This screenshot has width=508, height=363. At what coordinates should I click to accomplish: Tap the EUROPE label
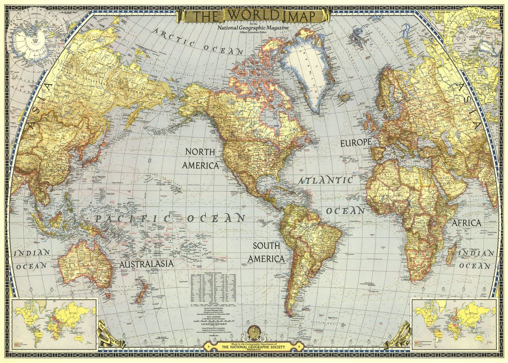point(356,143)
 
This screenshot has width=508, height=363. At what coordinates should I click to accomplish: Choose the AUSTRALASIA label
point(146,264)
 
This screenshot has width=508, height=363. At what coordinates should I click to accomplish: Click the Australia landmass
point(85,263)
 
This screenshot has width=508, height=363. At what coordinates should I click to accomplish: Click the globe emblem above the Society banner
point(254,331)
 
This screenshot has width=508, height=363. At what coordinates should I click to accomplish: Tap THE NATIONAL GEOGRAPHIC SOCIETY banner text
point(254,347)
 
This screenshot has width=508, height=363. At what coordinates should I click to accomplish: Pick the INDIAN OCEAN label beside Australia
point(32,259)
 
